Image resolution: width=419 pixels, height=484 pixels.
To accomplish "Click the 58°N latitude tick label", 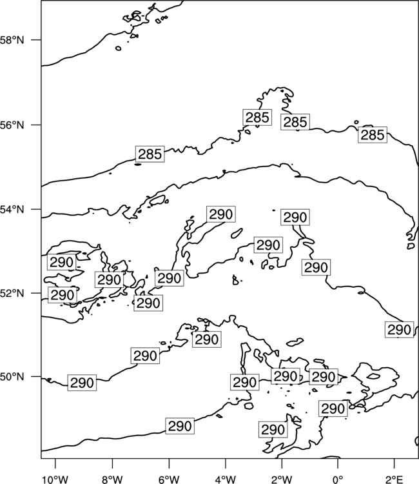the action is coord(12,40).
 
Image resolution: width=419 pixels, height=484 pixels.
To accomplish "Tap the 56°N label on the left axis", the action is coord(12,125).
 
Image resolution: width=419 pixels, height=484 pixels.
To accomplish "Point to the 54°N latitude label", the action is coord(12,210).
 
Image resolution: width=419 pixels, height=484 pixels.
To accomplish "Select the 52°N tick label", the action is coord(12,293).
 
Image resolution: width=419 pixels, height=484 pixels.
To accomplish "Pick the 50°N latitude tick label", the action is coord(12,377).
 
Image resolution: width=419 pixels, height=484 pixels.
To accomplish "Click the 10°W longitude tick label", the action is coord(55,479).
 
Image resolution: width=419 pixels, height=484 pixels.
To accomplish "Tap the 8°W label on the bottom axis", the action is coord(112,479).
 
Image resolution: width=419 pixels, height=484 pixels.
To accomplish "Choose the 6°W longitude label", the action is coord(169,479).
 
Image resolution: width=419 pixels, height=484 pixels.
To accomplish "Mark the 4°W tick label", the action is coord(225,479).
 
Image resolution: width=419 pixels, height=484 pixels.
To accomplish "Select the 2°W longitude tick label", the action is coord(282,479).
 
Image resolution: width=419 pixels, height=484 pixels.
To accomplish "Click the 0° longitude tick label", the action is coord(338,479).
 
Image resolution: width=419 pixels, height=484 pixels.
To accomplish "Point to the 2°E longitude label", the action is coord(395,479).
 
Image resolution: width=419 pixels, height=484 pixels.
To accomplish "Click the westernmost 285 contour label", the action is coord(150,154).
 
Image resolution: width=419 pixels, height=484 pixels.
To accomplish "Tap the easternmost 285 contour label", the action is coord(373,135).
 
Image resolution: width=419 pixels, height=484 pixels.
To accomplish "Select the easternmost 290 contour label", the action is coord(399,330).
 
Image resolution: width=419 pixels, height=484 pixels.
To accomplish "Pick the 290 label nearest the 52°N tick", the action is coord(63,295).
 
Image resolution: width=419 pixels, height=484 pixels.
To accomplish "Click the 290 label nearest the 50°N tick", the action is coord(82,383).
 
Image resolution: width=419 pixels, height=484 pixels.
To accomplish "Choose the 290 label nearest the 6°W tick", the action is coord(180,426).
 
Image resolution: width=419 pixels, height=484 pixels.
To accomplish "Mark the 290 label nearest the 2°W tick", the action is coord(273,429).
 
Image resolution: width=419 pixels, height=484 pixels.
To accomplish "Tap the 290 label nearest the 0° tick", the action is coord(333,408).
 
